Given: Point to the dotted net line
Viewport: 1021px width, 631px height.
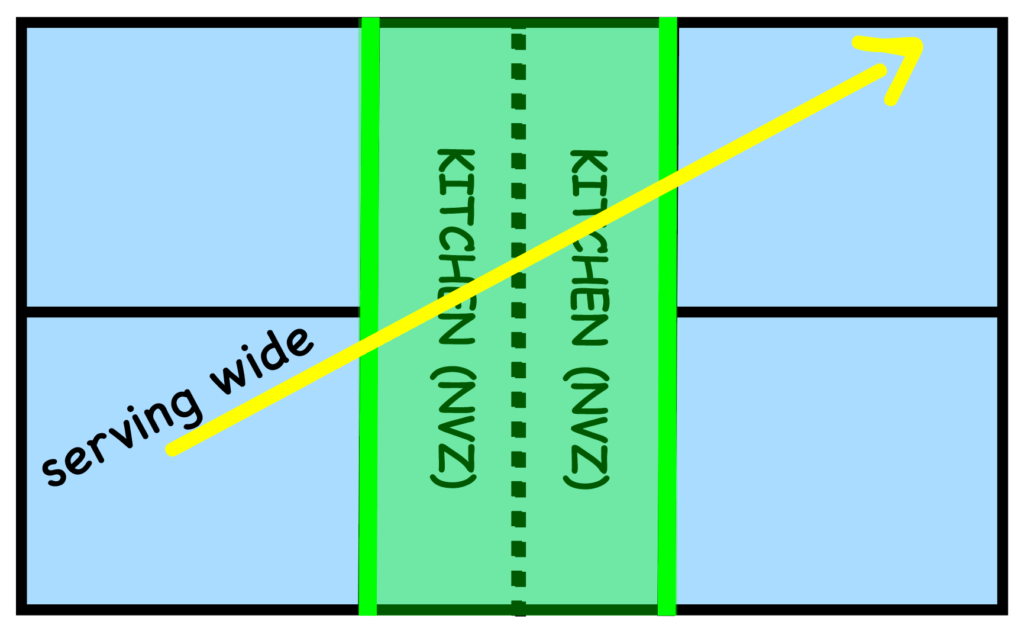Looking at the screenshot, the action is [x=519, y=414].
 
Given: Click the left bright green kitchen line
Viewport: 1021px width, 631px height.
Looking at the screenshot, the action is [x=369, y=474].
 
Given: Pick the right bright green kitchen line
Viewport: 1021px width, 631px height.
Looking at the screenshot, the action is [x=667, y=474].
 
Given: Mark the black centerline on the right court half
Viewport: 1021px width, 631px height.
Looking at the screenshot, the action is [x=837, y=312].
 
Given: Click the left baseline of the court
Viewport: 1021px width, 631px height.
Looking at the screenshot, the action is [x=21, y=178].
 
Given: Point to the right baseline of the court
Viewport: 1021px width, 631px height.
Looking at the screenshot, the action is [x=1002, y=178].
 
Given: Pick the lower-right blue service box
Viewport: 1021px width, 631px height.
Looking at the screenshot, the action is [x=837, y=462].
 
